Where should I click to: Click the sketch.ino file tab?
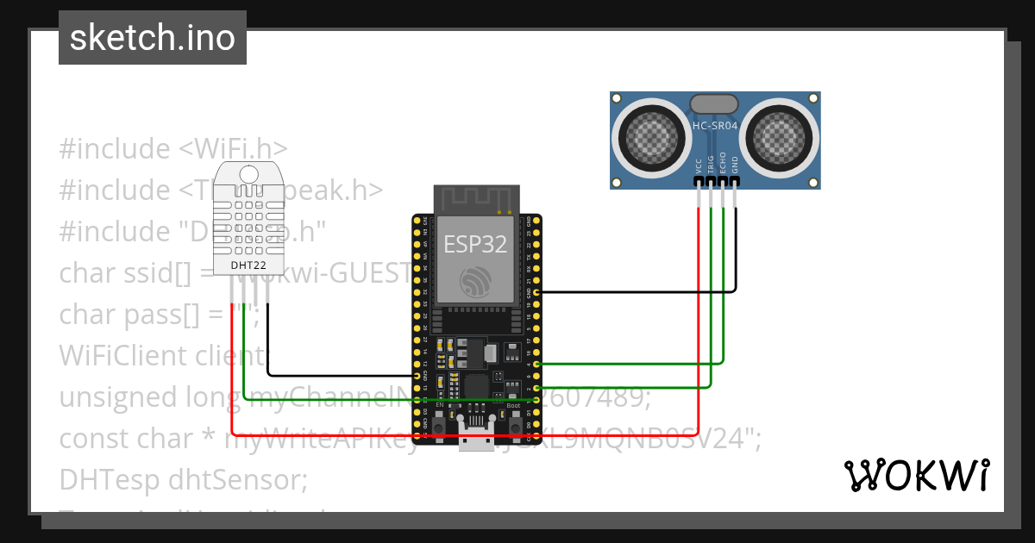[153, 38]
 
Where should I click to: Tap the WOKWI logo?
[916, 476]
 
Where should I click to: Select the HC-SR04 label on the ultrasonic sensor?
[715, 126]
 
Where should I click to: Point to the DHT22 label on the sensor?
[249, 265]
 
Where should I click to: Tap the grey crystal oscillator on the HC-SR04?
[714, 104]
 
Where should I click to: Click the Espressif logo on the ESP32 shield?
[476, 280]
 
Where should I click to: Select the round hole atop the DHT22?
[249, 172]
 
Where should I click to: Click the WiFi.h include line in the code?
[172, 148]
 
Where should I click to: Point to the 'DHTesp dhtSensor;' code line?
[183, 479]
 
